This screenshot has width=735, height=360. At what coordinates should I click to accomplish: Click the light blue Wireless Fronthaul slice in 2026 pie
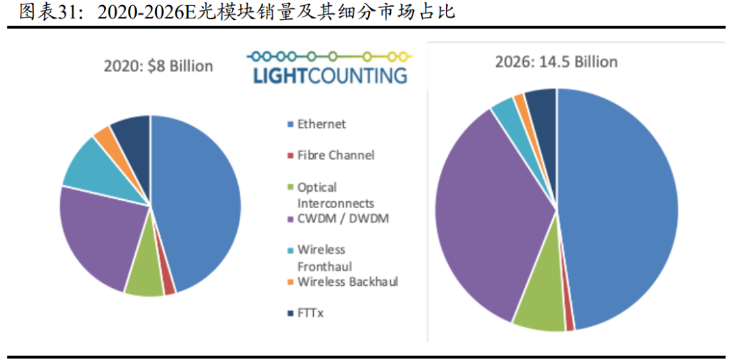[x=506, y=111]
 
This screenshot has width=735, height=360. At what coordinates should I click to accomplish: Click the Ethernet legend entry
[x=321, y=124]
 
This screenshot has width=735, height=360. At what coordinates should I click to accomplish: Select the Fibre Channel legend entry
[x=335, y=155]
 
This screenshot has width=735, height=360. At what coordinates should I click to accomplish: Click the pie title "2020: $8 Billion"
[x=158, y=66]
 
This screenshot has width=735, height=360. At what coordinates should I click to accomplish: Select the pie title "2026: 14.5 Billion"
[x=556, y=62]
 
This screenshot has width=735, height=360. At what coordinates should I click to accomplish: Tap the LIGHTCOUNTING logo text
[x=329, y=75]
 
